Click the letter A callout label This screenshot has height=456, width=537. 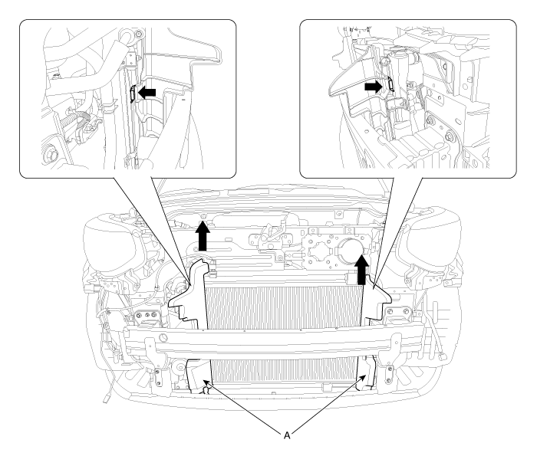(x=287, y=435)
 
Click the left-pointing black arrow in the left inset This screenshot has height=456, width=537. (x=147, y=92)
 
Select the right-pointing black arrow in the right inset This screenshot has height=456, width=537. (x=374, y=87)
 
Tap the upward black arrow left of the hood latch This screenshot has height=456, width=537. (x=203, y=235)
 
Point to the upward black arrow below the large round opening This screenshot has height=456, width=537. (x=361, y=269)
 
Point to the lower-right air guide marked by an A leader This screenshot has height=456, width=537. (x=366, y=373)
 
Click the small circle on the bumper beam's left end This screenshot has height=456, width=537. (x=163, y=338)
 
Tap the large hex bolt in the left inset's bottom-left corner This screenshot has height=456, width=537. (x=48, y=156)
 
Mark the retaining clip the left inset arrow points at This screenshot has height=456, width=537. (x=133, y=93)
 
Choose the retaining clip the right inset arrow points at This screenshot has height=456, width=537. (x=390, y=84)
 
